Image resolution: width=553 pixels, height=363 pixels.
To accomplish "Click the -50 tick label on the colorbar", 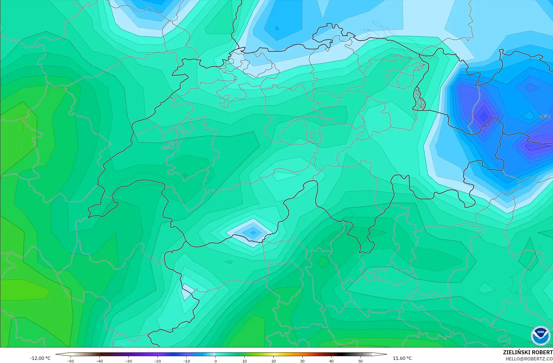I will [70, 361].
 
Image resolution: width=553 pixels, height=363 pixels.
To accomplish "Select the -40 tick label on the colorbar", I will [99, 361].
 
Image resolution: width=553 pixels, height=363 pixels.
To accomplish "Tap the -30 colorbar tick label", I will [129, 361].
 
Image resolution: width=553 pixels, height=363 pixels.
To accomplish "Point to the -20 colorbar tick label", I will [158, 361].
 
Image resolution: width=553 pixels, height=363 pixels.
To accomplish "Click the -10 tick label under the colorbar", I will [187, 361].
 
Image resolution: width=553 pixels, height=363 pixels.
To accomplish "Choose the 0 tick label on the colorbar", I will [216, 361].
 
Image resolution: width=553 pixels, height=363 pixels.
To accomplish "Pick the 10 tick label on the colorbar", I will [244, 361].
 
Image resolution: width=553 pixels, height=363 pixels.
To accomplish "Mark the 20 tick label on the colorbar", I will [273, 361].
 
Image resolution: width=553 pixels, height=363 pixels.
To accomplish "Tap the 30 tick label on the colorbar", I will [302, 361].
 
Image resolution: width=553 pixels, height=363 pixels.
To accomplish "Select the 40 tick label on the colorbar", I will [331, 361].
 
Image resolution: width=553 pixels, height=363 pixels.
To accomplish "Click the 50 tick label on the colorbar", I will [360, 361].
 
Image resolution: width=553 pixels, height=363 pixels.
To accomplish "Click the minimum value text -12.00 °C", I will [40, 358].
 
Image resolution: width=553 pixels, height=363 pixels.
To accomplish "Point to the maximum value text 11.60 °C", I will [402, 358].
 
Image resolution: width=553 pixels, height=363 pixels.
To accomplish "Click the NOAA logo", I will [540, 336].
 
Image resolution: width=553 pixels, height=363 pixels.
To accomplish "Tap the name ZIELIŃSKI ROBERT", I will [528, 352].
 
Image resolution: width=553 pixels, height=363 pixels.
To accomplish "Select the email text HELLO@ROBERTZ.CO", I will [529, 359].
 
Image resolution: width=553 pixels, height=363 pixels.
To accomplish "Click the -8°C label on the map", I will [545, 116].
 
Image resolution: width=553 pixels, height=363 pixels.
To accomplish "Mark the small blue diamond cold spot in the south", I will [253, 233].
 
